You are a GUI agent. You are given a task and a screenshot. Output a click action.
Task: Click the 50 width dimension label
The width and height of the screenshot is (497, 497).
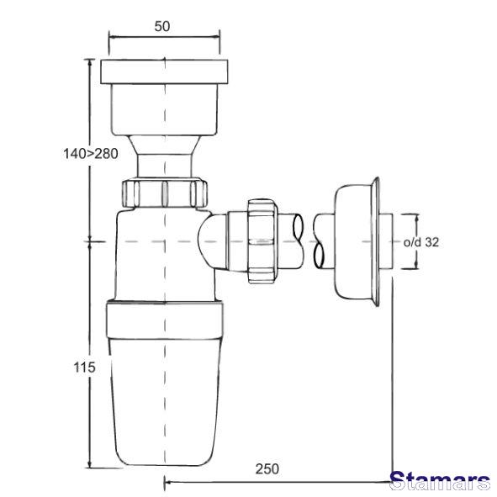coord(162,26)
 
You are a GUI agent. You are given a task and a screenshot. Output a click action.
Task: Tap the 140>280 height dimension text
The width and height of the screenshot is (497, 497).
coord(91,154)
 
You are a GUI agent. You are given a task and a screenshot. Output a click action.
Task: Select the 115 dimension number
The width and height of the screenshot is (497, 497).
coord(84,367)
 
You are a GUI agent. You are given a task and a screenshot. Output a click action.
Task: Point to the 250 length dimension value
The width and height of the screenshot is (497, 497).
coord(267,469)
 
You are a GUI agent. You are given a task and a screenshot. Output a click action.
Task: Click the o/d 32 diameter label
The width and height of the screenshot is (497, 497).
coord(421,242)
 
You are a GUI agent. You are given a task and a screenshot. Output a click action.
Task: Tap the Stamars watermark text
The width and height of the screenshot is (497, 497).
coord(440,482)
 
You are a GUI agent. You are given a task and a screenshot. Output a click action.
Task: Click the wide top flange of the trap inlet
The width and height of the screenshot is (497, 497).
coord(164,71)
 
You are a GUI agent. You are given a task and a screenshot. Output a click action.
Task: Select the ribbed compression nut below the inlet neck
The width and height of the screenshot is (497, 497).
coord(164,193)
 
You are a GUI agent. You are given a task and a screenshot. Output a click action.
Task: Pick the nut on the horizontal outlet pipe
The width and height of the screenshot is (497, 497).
coord(262,241)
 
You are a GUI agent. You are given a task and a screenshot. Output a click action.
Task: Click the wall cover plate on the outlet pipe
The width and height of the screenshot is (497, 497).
coord(357,241)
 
